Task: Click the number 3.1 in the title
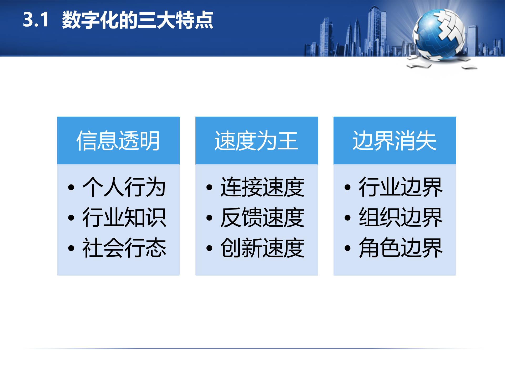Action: [36, 20]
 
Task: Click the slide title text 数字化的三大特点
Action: [137, 20]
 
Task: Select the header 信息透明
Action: [118, 141]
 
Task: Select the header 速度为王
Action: [256, 141]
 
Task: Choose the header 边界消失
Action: [395, 141]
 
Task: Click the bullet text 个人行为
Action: [124, 187]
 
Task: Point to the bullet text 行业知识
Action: [124, 217]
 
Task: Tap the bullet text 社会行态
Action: [124, 248]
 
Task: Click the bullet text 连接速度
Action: [262, 187]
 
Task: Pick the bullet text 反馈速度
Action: [262, 217]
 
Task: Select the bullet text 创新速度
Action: [262, 248]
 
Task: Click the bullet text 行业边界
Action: [401, 187]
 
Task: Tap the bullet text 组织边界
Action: [401, 217]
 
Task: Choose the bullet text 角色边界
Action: [401, 248]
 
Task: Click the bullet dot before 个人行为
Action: [71, 187]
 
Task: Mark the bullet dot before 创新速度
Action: [209, 248]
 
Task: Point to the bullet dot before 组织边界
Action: [347, 218]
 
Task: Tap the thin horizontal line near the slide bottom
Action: [252, 349]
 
